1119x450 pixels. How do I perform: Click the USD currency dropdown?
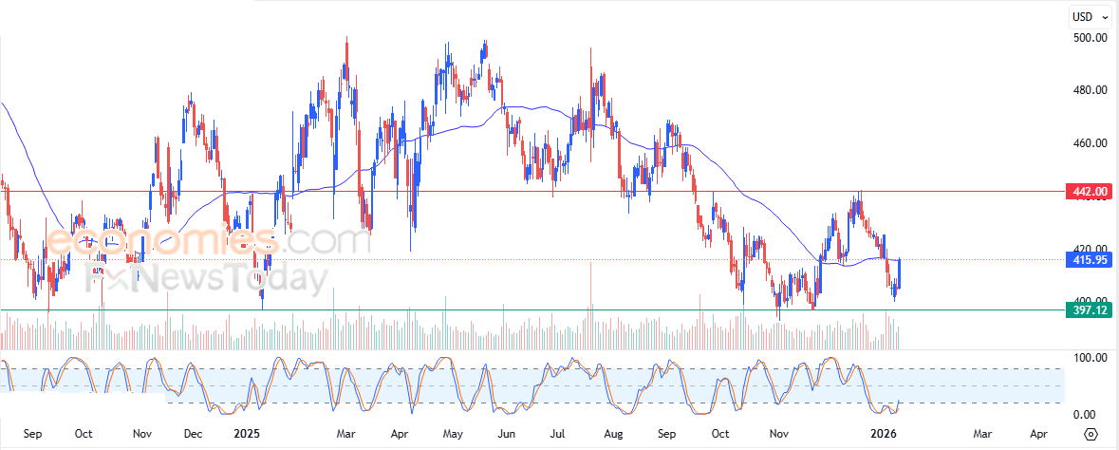point(1089,16)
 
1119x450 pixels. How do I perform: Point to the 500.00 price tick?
point(1090,38)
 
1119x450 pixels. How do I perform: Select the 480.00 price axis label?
point(1090,91)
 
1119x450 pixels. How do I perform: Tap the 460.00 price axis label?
point(1090,143)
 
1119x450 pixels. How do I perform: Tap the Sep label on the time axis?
point(32,434)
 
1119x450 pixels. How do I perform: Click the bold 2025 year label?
point(247,434)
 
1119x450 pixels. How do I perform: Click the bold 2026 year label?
point(884,434)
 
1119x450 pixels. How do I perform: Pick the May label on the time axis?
point(452,434)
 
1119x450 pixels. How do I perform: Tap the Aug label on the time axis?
point(613,434)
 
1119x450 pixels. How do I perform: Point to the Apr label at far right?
point(1039,434)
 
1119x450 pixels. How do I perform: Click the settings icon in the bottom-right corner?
point(1091,434)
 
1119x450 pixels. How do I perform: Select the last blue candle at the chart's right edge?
point(898,273)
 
